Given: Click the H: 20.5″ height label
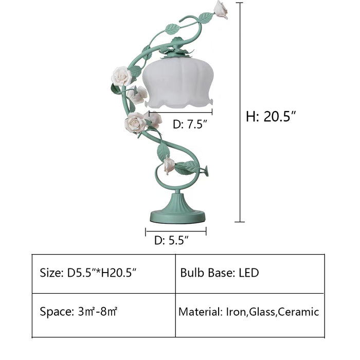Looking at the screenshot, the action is click(x=271, y=116).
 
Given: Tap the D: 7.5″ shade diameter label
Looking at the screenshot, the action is click(x=190, y=124).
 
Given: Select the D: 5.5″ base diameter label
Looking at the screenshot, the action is click(x=171, y=240).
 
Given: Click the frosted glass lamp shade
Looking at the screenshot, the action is click(x=178, y=83).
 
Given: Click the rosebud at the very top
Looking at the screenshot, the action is click(x=221, y=9).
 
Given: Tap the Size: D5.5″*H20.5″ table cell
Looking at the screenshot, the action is click(x=104, y=274).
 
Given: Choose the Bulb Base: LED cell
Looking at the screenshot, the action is click(x=250, y=274).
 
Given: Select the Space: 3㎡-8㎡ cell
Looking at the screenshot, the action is click(x=104, y=315).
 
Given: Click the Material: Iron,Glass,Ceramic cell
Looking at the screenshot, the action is click(x=250, y=315).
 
